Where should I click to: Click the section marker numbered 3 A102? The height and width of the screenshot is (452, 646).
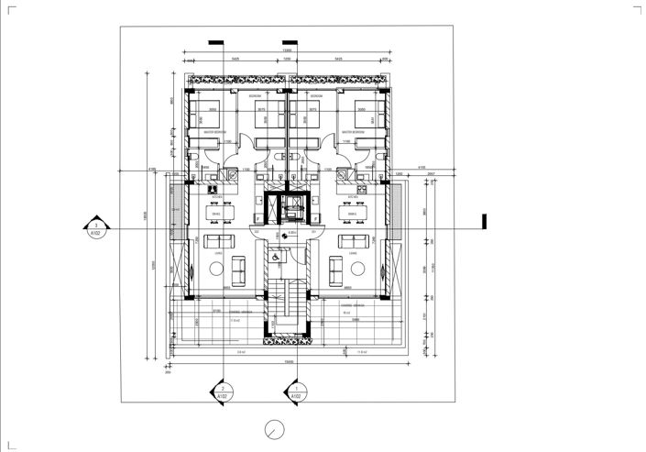(94, 228)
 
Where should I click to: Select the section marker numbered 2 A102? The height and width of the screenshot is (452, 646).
(222, 392)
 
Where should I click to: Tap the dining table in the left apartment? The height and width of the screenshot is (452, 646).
(217, 214)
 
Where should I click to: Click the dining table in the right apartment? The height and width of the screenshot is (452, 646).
(351, 214)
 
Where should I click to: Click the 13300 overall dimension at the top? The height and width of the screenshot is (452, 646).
(287, 50)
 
